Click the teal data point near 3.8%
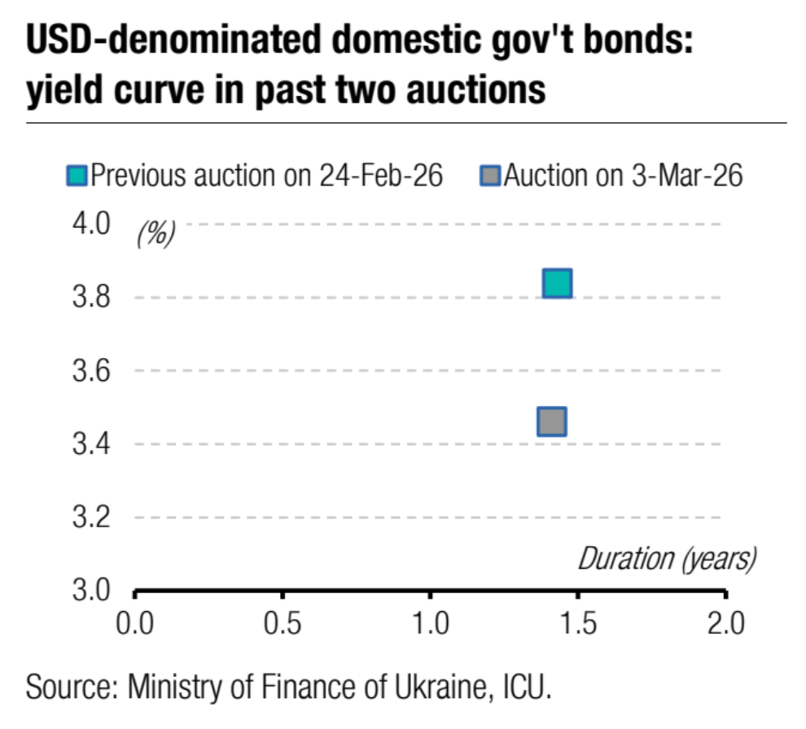[x=558, y=283]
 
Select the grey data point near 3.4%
[x=552, y=421]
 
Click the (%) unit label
[x=156, y=234]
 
